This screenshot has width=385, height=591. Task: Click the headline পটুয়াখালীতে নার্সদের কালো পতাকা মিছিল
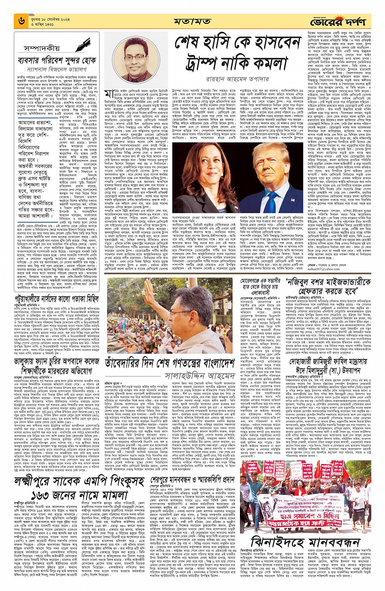[57, 299]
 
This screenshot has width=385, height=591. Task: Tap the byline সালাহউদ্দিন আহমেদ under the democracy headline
[200, 375]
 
